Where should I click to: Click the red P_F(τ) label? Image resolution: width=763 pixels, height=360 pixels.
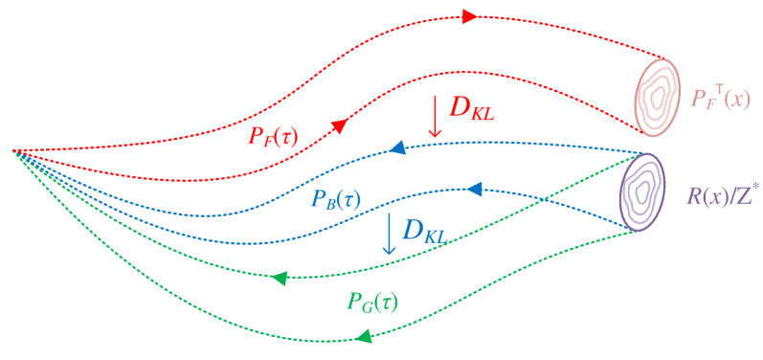(273, 135)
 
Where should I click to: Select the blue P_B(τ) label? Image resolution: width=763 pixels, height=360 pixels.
(336, 199)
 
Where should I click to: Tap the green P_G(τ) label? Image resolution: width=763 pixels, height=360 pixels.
(371, 301)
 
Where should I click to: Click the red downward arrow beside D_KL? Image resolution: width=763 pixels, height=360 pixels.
(436, 114)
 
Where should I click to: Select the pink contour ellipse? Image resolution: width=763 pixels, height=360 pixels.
(656, 94)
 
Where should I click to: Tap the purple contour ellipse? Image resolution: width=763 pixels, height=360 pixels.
(642, 191)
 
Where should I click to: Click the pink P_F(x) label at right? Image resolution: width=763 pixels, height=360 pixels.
(720, 99)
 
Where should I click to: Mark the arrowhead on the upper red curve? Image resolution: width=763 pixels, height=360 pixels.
(468, 16)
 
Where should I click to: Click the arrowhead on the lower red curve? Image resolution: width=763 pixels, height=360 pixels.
(340, 125)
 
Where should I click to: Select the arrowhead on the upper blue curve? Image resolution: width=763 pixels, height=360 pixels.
(395, 149)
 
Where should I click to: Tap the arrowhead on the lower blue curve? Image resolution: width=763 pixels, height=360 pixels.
(474, 190)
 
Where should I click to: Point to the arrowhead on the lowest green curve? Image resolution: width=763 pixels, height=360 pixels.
(364, 336)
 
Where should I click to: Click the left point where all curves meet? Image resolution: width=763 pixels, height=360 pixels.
(13, 151)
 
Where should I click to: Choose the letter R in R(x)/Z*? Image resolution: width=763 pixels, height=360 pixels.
(693, 196)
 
